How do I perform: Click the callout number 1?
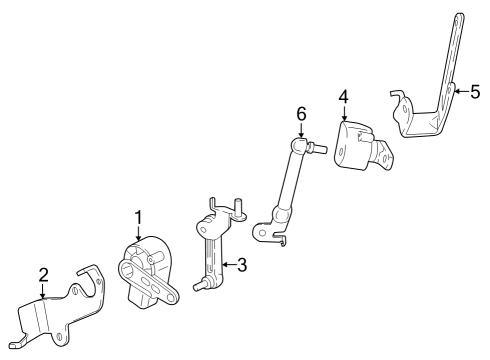click(139, 216)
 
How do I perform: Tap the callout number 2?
click(43, 274)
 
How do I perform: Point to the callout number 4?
click(343, 97)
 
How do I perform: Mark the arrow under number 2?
click(43, 292)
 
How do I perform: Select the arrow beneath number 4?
click(343, 116)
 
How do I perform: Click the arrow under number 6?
click(301, 132)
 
